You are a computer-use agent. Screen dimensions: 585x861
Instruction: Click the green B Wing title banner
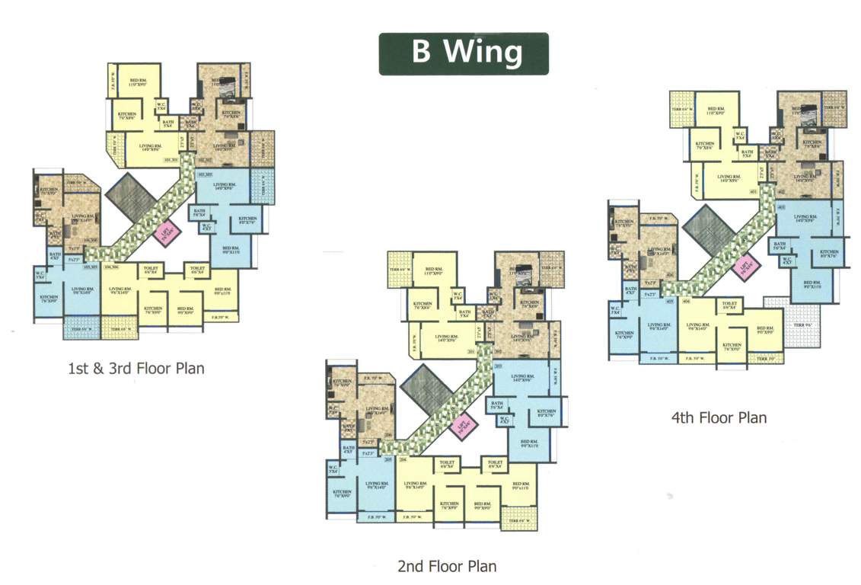click(463, 53)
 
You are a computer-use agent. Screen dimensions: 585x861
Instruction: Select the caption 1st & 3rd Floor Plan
click(136, 369)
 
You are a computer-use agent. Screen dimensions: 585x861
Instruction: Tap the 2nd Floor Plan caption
click(447, 566)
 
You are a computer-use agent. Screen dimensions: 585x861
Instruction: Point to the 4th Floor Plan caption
click(718, 417)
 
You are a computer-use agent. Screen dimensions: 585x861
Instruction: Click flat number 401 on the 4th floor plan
click(754, 192)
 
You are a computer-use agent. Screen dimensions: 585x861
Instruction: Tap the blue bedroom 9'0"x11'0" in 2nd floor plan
click(529, 444)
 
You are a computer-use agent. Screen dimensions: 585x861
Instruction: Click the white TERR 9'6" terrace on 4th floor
click(799, 324)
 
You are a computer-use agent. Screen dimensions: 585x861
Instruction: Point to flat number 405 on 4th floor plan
click(670, 302)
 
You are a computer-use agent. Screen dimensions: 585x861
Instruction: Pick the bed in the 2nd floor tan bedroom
click(523, 268)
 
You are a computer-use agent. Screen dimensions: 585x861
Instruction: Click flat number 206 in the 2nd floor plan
click(403, 460)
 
